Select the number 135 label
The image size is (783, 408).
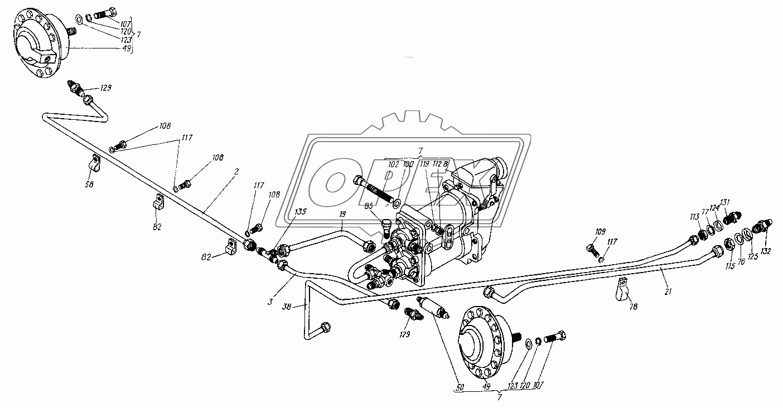click(301, 212)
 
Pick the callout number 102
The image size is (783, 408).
click(394, 164)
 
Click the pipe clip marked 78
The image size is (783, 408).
click(621, 289)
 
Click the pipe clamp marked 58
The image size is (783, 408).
click(95, 163)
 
